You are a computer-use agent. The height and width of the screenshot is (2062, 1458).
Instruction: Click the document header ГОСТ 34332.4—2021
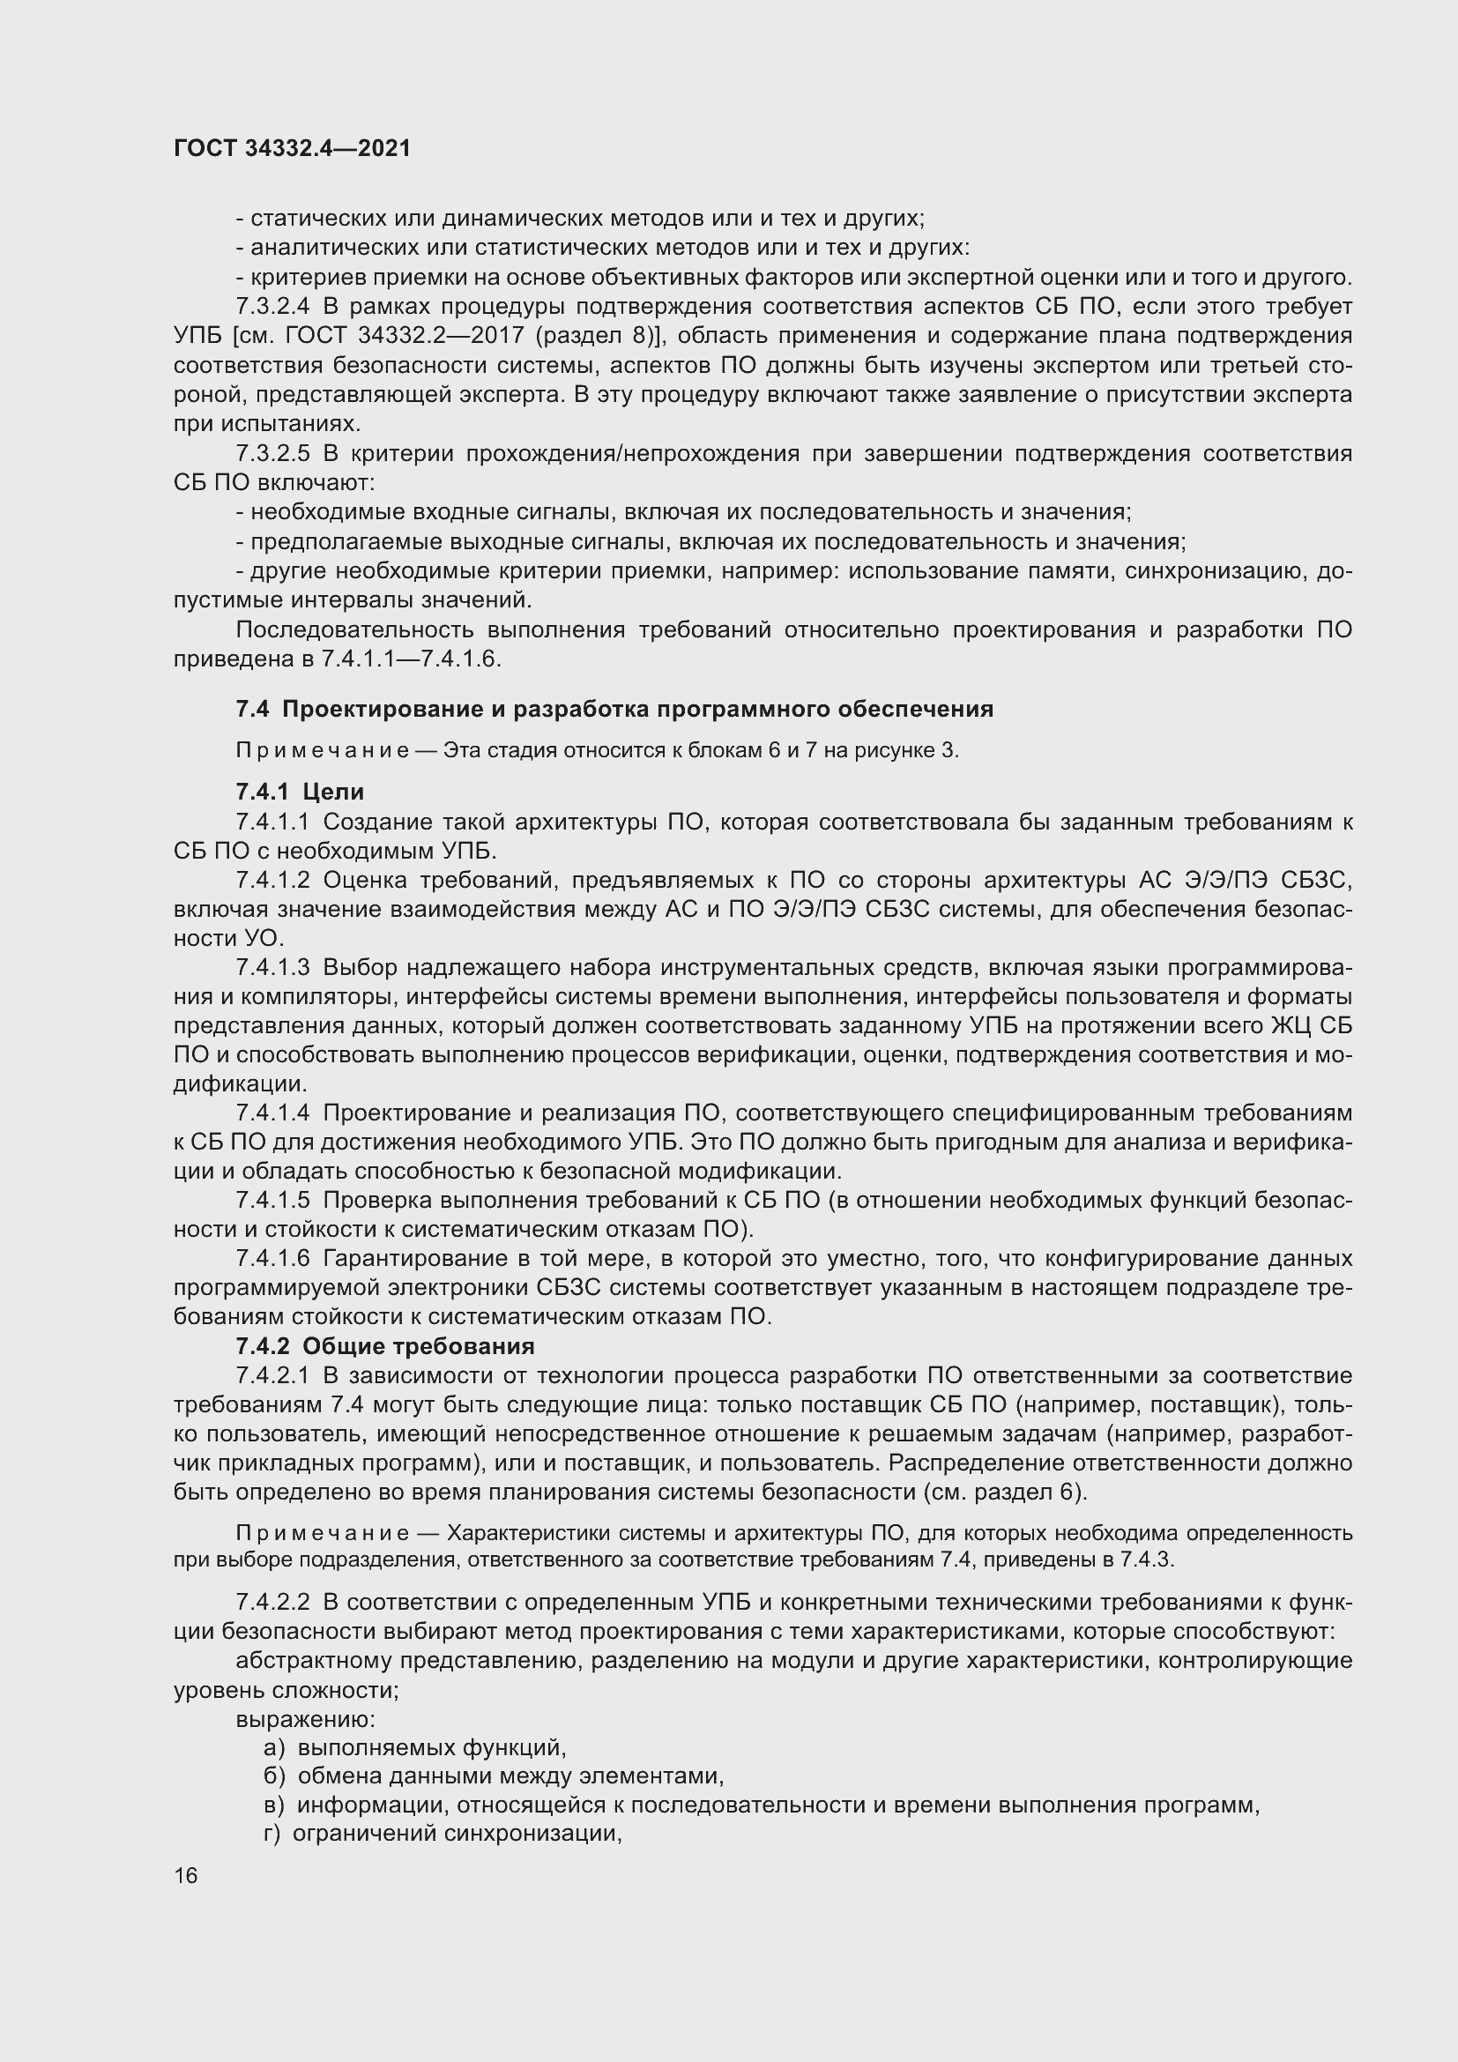(292, 149)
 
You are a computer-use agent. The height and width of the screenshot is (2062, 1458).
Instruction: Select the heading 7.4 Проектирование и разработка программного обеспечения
(614, 710)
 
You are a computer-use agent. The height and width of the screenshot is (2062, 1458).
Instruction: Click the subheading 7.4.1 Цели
(299, 791)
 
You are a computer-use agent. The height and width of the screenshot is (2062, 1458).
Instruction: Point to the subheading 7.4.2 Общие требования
(384, 1346)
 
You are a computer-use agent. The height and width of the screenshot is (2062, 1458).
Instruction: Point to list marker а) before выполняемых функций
(274, 1747)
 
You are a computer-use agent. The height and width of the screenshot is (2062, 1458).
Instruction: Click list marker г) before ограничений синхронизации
(272, 1834)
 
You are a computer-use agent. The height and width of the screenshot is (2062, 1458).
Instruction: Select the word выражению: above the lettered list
(305, 1719)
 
